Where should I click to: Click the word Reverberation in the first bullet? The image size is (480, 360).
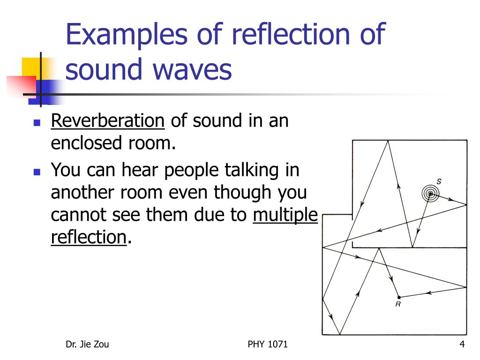click(x=107, y=121)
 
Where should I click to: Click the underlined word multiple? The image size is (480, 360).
click(x=285, y=215)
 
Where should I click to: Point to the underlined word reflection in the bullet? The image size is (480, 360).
click(x=89, y=237)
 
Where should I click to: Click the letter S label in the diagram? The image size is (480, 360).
click(x=439, y=181)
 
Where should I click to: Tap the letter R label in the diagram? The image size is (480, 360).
click(x=397, y=304)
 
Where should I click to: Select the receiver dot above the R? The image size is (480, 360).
click(x=398, y=297)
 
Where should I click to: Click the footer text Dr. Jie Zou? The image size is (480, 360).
click(x=87, y=345)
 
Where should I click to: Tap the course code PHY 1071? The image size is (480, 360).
click(x=268, y=345)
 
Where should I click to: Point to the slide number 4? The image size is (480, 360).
click(x=462, y=345)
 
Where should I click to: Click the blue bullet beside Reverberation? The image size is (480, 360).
click(x=37, y=123)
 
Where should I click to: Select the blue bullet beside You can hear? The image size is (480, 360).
click(x=37, y=171)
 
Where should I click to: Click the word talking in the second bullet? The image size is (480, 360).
click(x=253, y=170)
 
